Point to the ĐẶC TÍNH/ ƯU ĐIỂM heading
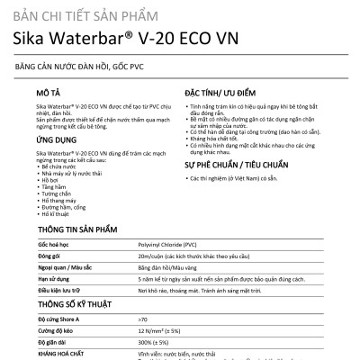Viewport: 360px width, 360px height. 229,93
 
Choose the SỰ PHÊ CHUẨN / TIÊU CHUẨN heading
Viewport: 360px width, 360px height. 248,166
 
